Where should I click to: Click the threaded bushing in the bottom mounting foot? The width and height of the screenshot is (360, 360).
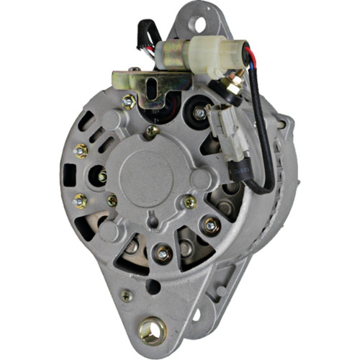tap(152, 330)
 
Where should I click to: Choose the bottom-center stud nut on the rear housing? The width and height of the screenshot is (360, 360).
tap(163, 253)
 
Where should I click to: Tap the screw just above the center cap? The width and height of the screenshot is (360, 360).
tap(150, 131)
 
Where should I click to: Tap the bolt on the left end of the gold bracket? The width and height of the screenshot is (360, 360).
tap(130, 102)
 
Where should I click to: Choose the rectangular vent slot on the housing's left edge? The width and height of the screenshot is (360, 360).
tap(69, 176)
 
